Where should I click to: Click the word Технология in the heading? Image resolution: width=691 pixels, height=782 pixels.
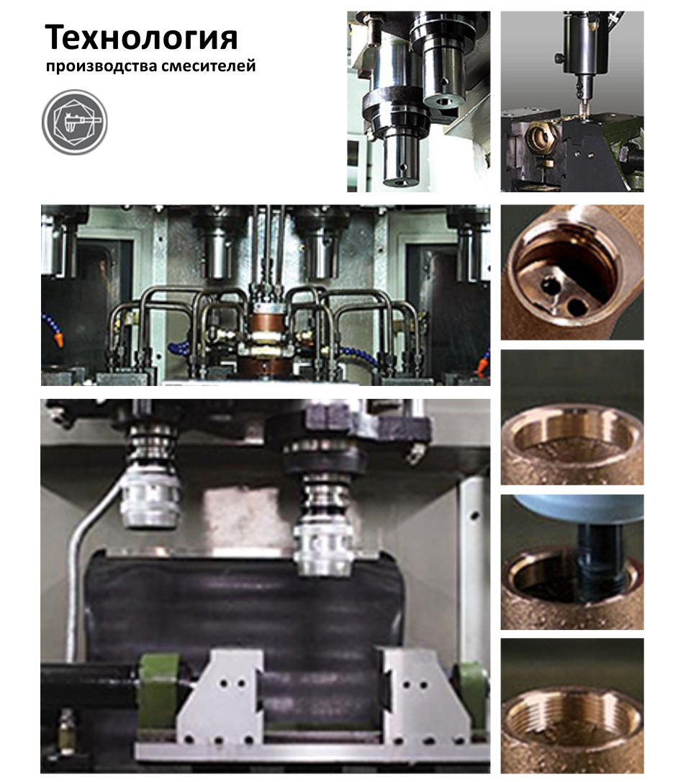click(x=141, y=38)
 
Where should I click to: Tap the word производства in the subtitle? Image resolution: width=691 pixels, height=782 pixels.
click(x=94, y=66)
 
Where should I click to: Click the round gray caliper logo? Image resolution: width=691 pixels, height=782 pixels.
click(x=74, y=122)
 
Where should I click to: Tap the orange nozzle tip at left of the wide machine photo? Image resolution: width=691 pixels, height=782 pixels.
click(x=59, y=341)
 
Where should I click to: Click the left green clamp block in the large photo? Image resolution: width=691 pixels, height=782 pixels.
click(x=158, y=691)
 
